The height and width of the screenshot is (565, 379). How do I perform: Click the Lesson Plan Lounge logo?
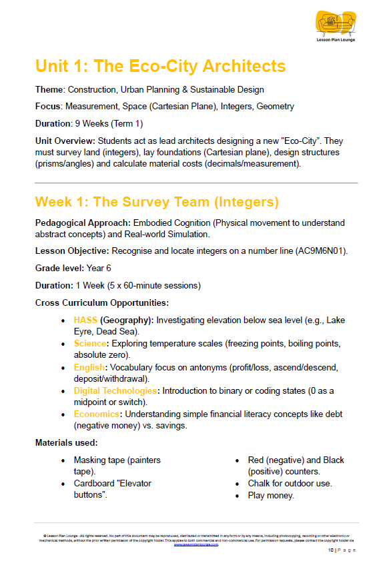[336, 27]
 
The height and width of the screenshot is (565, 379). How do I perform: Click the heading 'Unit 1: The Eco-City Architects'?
[160, 66]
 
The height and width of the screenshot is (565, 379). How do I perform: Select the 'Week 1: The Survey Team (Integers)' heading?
[157, 202]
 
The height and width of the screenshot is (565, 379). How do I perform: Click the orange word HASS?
[85, 320]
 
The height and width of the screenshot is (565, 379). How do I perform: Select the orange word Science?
[91, 343]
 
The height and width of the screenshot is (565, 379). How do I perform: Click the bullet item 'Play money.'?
[271, 495]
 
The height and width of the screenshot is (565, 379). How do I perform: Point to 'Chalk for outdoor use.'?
[290, 483]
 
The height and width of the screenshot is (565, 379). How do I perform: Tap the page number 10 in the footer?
[330, 550]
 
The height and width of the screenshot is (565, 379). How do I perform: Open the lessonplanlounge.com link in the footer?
[196, 544]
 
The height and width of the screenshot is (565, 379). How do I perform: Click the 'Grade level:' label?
[59, 268]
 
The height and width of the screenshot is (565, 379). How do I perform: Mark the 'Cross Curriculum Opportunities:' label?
[101, 302]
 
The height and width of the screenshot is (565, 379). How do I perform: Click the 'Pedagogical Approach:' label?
[83, 222]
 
